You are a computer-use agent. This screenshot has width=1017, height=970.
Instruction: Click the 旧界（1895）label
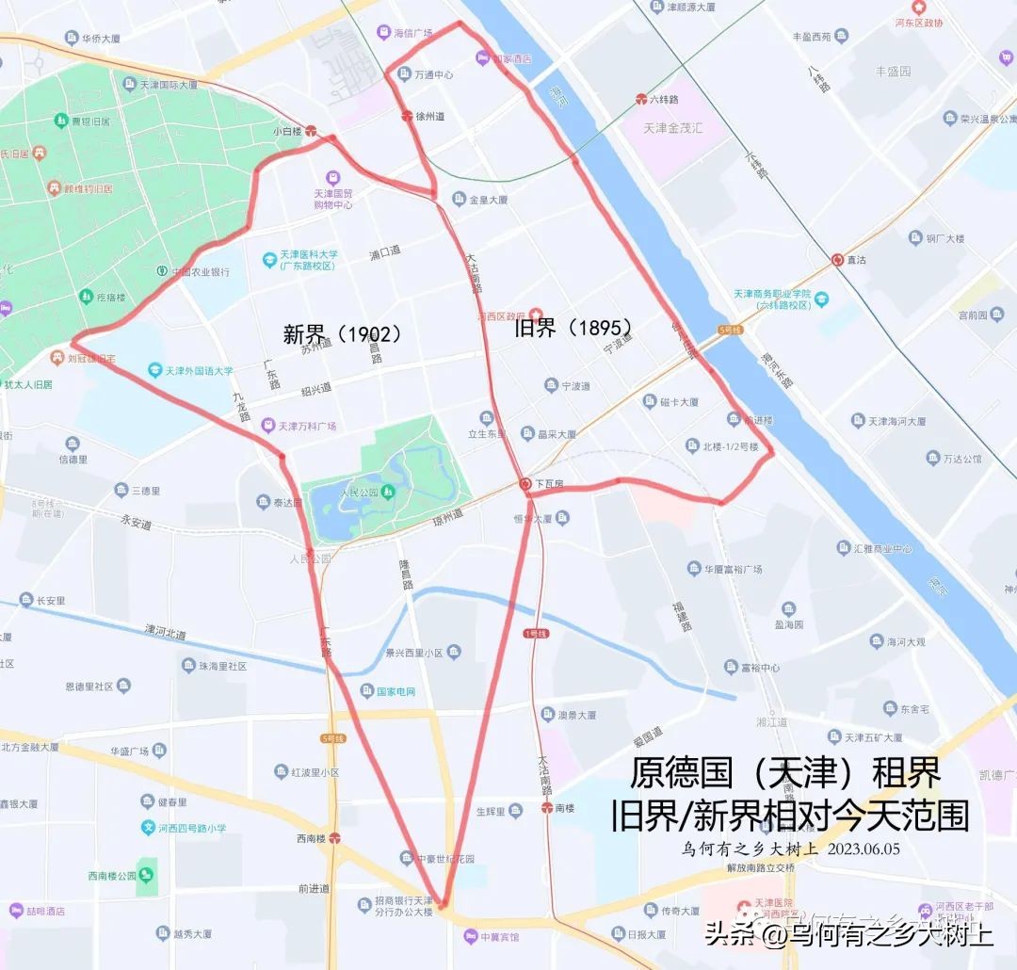pyautogui.click(x=573, y=328)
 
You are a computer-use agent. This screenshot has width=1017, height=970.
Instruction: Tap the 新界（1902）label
pyautogui.click(x=343, y=333)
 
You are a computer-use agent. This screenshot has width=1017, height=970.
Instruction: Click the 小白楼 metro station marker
pyautogui.click(x=311, y=132)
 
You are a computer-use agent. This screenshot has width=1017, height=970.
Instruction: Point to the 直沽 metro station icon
pyautogui.click(x=837, y=259)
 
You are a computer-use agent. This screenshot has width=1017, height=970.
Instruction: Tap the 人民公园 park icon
pyautogui.click(x=388, y=491)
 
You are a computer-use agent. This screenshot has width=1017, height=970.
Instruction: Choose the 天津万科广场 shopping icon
pyautogui.click(x=268, y=426)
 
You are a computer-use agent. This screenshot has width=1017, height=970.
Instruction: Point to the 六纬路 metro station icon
pyautogui.click(x=641, y=99)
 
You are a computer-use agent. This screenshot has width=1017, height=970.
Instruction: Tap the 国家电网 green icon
pyautogui.click(x=366, y=691)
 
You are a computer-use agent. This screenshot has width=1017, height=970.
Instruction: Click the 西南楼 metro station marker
pyautogui.click(x=334, y=837)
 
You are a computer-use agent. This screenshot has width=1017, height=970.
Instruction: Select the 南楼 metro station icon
pyautogui.click(x=546, y=808)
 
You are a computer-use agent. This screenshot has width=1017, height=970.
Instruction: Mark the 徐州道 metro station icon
pyautogui.click(x=407, y=117)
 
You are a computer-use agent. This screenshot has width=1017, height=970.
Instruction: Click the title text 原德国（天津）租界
pyautogui.click(x=785, y=773)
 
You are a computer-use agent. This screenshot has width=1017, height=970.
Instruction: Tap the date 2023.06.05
pyautogui.click(x=864, y=849)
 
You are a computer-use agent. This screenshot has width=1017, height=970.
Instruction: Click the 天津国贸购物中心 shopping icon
pyautogui.click(x=332, y=177)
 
